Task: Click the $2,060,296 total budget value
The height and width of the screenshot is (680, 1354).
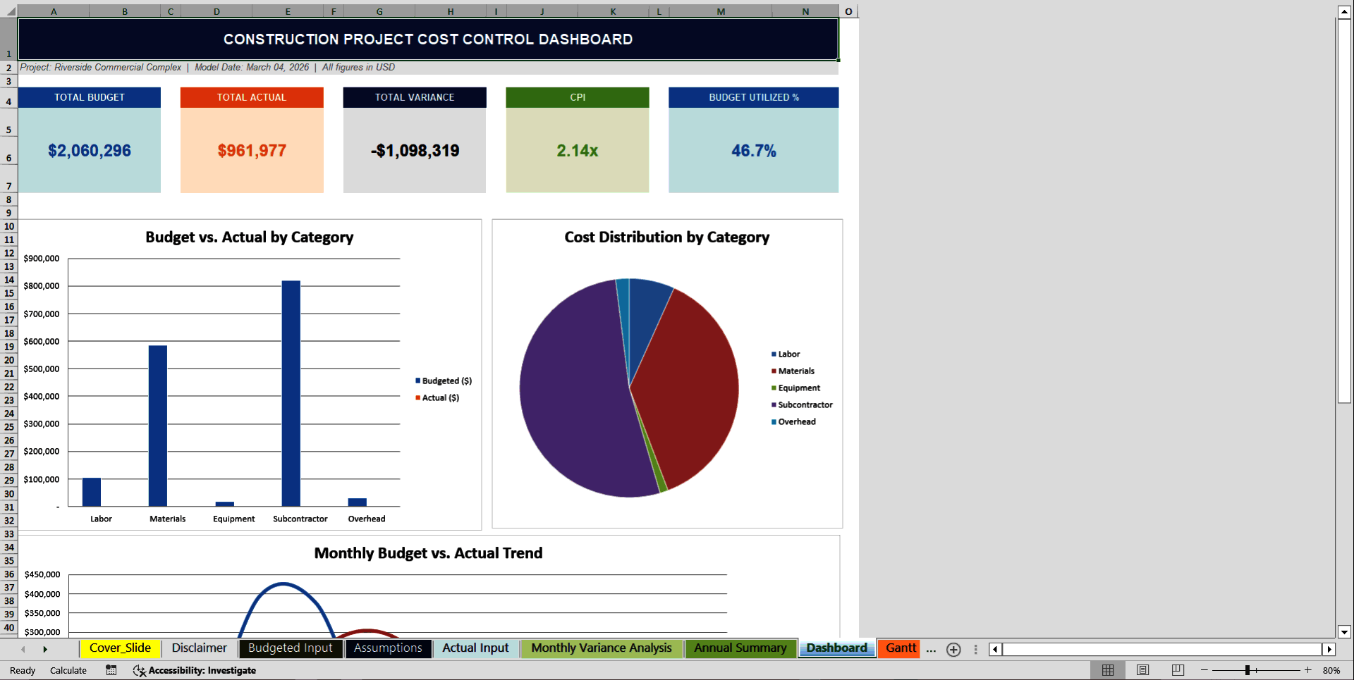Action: (90, 151)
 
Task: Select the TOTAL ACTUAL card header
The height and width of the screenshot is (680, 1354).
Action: (252, 97)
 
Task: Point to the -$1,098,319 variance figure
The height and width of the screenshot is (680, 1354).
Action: (415, 151)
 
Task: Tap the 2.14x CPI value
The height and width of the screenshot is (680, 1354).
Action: (577, 151)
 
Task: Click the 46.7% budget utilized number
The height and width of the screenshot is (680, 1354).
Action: (753, 151)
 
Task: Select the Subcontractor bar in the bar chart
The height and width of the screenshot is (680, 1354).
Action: (291, 395)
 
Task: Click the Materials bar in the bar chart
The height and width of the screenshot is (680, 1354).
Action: (158, 426)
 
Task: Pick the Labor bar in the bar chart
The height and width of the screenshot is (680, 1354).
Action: (92, 492)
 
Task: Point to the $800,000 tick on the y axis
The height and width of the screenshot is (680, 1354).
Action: (42, 286)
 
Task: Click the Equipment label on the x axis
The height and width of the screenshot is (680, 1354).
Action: (233, 519)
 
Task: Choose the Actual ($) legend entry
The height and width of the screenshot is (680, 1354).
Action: (440, 397)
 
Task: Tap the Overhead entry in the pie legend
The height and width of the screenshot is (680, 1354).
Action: (796, 421)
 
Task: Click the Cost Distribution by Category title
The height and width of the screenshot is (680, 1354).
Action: (666, 237)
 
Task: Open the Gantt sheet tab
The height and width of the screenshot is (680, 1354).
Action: (900, 648)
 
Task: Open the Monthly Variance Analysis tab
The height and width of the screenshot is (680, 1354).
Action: (601, 648)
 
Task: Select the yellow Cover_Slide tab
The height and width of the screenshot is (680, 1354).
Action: (120, 648)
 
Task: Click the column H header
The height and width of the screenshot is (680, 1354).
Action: (450, 11)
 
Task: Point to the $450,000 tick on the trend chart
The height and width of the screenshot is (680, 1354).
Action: (42, 574)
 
